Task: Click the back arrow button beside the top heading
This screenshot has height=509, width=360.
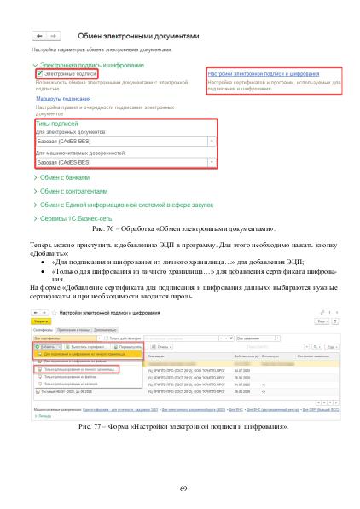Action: (38, 38)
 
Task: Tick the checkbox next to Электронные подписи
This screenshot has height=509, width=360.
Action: (39, 74)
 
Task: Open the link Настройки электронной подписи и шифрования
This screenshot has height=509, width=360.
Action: (264, 74)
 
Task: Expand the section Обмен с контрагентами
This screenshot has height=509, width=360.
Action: (73, 192)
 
